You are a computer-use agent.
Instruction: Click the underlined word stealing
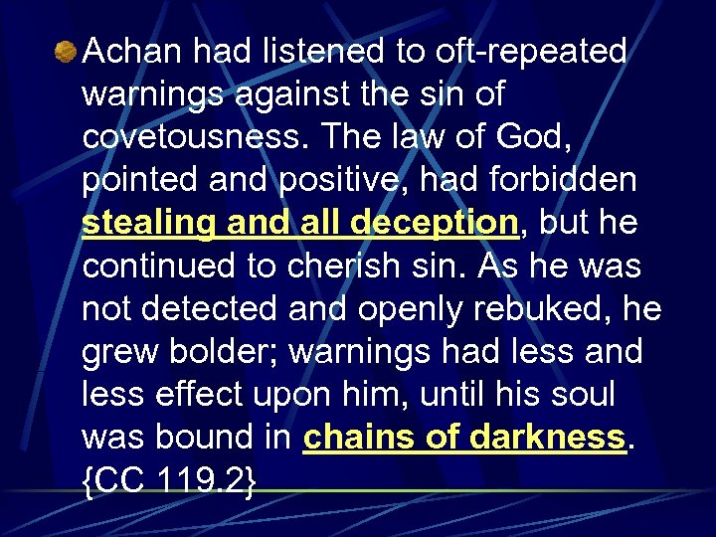click(x=149, y=224)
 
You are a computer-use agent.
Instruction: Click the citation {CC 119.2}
click(x=169, y=481)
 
